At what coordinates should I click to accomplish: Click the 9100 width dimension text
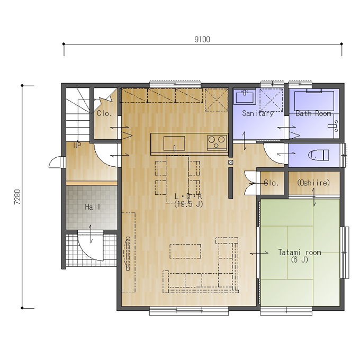pyautogui.click(x=202, y=40)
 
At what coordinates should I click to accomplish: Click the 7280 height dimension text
pyautogui.click(x=17, y=197)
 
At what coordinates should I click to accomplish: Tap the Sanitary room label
pyautogui.click(x=258, y=113)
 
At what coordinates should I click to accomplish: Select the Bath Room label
pyautogui.click(x=313, y=113)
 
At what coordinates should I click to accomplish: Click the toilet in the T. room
pyautogui.click(x=319, y=155)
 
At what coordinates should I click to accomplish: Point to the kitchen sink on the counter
pyautogui.click(x=174, y=143)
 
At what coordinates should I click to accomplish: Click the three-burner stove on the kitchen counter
pyautogui.click(x=217, y=142)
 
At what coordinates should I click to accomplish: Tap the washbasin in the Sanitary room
pyautogui.click(x=245, y=96)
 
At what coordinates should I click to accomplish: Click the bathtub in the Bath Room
pyautogui.click(x=314, y=101)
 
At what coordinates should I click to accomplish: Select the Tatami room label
pyautogui.click(x=300, y=253)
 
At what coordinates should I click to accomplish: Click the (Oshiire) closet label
pyautogui.click(x=313, y=183)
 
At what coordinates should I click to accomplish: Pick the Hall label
pyautogui.click(x=93, y=207)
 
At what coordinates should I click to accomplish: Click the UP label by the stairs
pyautogui.click(x=77, y=146)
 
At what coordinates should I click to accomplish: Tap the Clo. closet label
pyautogui.click(x=104, y=113)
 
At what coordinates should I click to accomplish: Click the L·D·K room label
pyautogui.click(x=188, y=196)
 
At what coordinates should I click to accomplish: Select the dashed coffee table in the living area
pyautogui.click(x=185, y=251)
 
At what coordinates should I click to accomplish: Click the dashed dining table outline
pyautogui.click(x=177, y=179)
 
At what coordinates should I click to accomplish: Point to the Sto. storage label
pyautogui.click(x=272, y=183)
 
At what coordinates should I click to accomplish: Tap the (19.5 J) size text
pyautogui.click(x=188, y=204)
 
